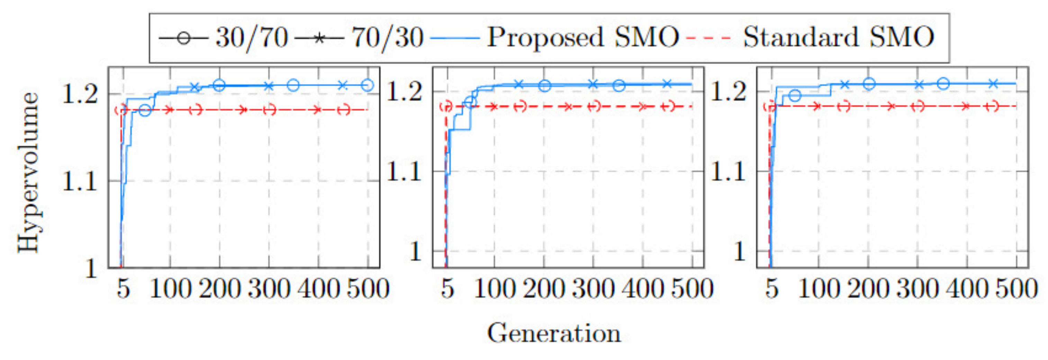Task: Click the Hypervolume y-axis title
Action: [x=28, y=173]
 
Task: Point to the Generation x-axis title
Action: [x=554, y=334]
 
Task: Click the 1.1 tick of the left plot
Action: [x=80, y=181]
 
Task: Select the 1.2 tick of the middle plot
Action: [x=404, y=91]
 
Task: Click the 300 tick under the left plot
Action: [x=269, y=289]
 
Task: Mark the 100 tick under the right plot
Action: [x=819, y=289]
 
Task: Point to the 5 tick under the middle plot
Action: [x=447, y=289]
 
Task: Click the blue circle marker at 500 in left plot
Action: [x=367, y=85]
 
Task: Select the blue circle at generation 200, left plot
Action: [x=219, y=85]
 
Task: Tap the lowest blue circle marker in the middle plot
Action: [x=470, y=102]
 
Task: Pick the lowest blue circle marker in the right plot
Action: [x=795, y=96]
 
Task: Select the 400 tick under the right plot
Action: [x=967, y=289]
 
